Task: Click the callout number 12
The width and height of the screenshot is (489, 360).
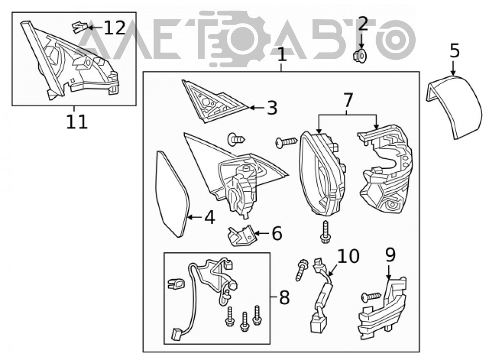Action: click(x=114, y=28)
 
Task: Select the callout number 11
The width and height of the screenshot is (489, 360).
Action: click(x=77, y=122)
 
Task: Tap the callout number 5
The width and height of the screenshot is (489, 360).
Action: click(x=455, y=50)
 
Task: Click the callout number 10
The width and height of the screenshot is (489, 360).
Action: click(x=348, y=256)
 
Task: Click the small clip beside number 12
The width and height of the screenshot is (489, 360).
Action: click(x=79, y=27)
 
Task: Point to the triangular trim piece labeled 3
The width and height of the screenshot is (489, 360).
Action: click(x=215, y=101)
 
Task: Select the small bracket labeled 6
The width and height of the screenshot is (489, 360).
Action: click(x=241, y=236)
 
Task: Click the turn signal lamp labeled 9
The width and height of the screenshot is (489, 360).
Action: click(x=382, y=308)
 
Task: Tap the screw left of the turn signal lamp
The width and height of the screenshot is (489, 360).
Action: click(x=371, y=297)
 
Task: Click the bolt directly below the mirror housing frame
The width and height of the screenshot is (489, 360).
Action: click(x=325, y=232)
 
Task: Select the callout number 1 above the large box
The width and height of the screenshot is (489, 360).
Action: click(x=282, y=55)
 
